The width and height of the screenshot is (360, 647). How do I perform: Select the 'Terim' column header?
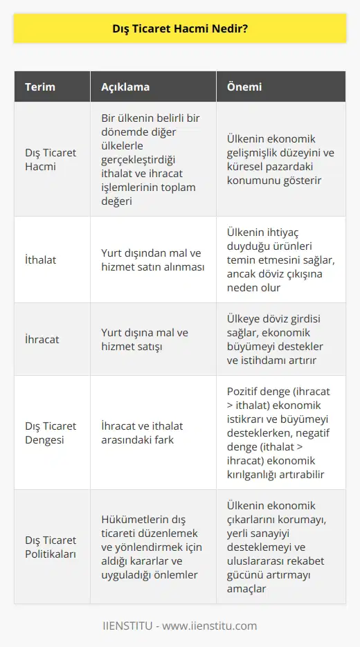(x=40, y=87)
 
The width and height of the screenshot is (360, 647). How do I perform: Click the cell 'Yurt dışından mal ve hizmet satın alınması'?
(x=152, y=261)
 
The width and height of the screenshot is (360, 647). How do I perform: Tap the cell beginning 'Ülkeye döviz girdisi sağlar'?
(x=281, y=340)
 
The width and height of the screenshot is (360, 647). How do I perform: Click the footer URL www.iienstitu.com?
(x=212, y=626)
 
